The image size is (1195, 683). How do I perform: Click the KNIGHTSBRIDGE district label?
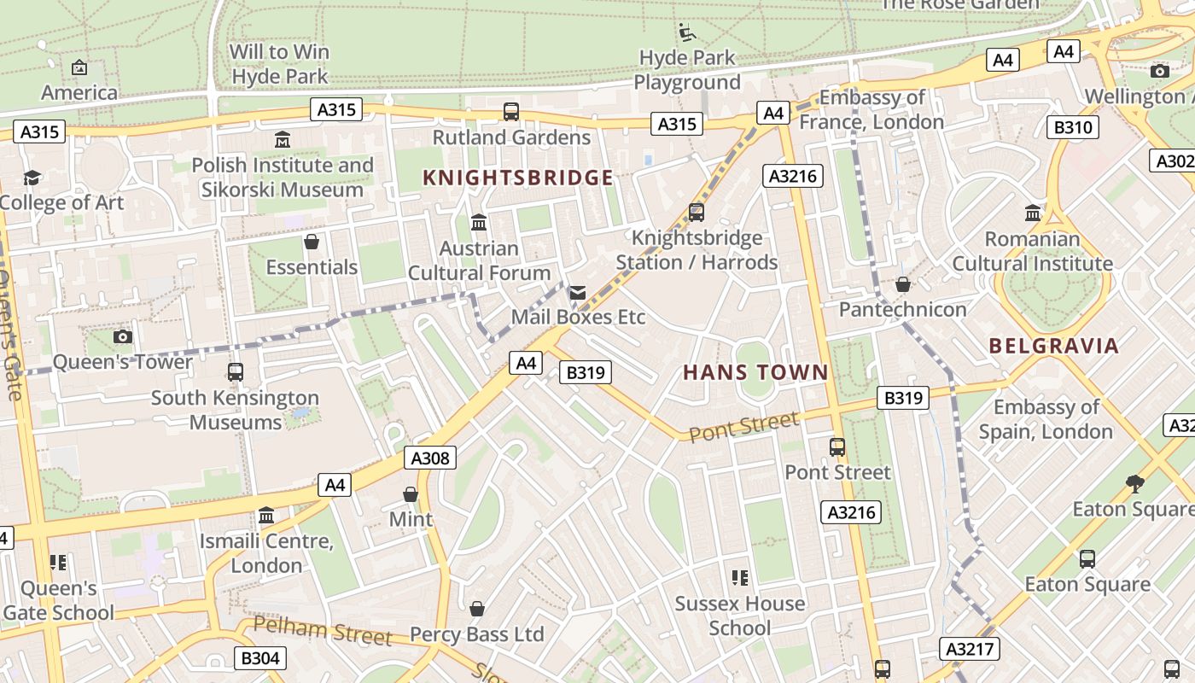click(x=518, y=178)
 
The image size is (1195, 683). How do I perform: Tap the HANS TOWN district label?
click(x=755, y=372)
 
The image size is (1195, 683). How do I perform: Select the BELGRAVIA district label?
click(x=1053, y=346)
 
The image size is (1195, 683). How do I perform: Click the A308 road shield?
click(x=429, y=458)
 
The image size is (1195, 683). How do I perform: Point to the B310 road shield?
click(x=1072, y=128)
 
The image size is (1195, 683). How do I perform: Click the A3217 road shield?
click(x=971, y=649)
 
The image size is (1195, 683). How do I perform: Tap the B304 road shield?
click(x=259, y=658)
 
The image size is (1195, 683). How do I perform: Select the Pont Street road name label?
click(x=743, y=426)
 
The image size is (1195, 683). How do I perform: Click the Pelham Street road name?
click(x=323, y=630)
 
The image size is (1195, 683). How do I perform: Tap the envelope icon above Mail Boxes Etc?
click(x=578, y=294)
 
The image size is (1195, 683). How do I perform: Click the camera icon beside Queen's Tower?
click(x=123, y=336)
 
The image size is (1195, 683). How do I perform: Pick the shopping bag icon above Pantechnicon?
click(x=902, y=284)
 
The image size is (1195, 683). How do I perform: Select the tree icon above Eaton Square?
click(x=1134, y=484)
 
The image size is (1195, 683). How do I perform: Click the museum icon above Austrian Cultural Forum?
click(x=479, y=223)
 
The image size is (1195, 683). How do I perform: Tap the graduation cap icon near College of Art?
click(x=32, y=178)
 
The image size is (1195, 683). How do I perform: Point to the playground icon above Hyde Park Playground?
click(x=687, y=32)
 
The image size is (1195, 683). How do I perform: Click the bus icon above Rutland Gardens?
click(x=510, y=112)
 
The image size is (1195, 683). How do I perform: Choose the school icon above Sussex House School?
click(x=739, y=578)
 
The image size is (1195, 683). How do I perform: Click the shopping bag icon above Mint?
click(x=411, y=494)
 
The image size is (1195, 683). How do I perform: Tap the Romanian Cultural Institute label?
click(x=1032, y=251)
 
